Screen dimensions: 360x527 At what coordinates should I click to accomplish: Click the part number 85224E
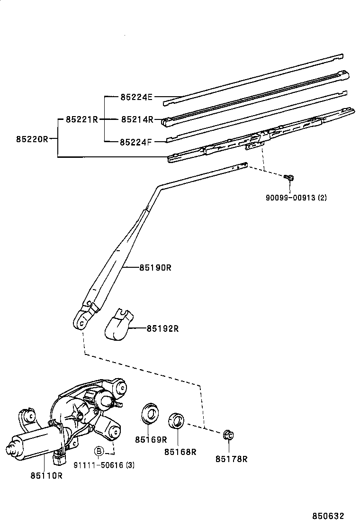136,97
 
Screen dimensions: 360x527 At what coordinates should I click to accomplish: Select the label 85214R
137,119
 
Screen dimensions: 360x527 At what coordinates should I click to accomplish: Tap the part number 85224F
135,142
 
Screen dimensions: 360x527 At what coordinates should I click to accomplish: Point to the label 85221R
81,119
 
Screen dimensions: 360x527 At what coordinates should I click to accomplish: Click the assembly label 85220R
32,139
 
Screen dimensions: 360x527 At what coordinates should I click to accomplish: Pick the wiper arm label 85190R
155,268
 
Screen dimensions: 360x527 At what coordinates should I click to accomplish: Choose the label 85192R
162,328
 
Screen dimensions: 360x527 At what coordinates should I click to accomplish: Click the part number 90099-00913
290,198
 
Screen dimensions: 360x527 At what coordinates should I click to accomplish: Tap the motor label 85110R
47,475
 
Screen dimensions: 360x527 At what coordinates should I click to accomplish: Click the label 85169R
151,439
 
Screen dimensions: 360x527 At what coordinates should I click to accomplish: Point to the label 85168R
180,452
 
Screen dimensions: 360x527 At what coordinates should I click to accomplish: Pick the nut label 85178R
231,459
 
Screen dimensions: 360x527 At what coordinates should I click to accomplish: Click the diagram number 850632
328,516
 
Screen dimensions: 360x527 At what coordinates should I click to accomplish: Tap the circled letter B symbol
99,451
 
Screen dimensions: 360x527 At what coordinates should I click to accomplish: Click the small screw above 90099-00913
289,177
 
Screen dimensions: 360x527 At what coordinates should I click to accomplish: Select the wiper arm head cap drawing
118,324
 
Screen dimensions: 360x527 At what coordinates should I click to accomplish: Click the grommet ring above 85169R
149,413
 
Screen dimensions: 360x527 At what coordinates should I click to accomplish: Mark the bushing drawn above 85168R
176,421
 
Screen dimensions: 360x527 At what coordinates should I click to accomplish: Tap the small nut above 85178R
228,436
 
